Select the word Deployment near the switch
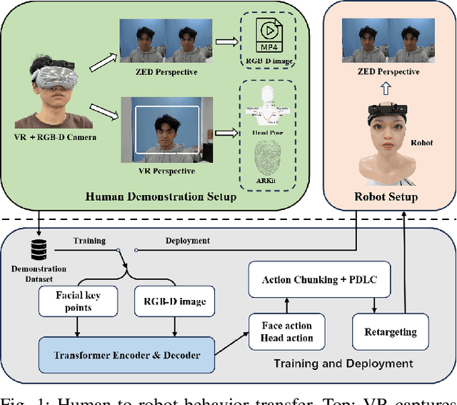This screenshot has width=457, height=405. click(x=188, y=241)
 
